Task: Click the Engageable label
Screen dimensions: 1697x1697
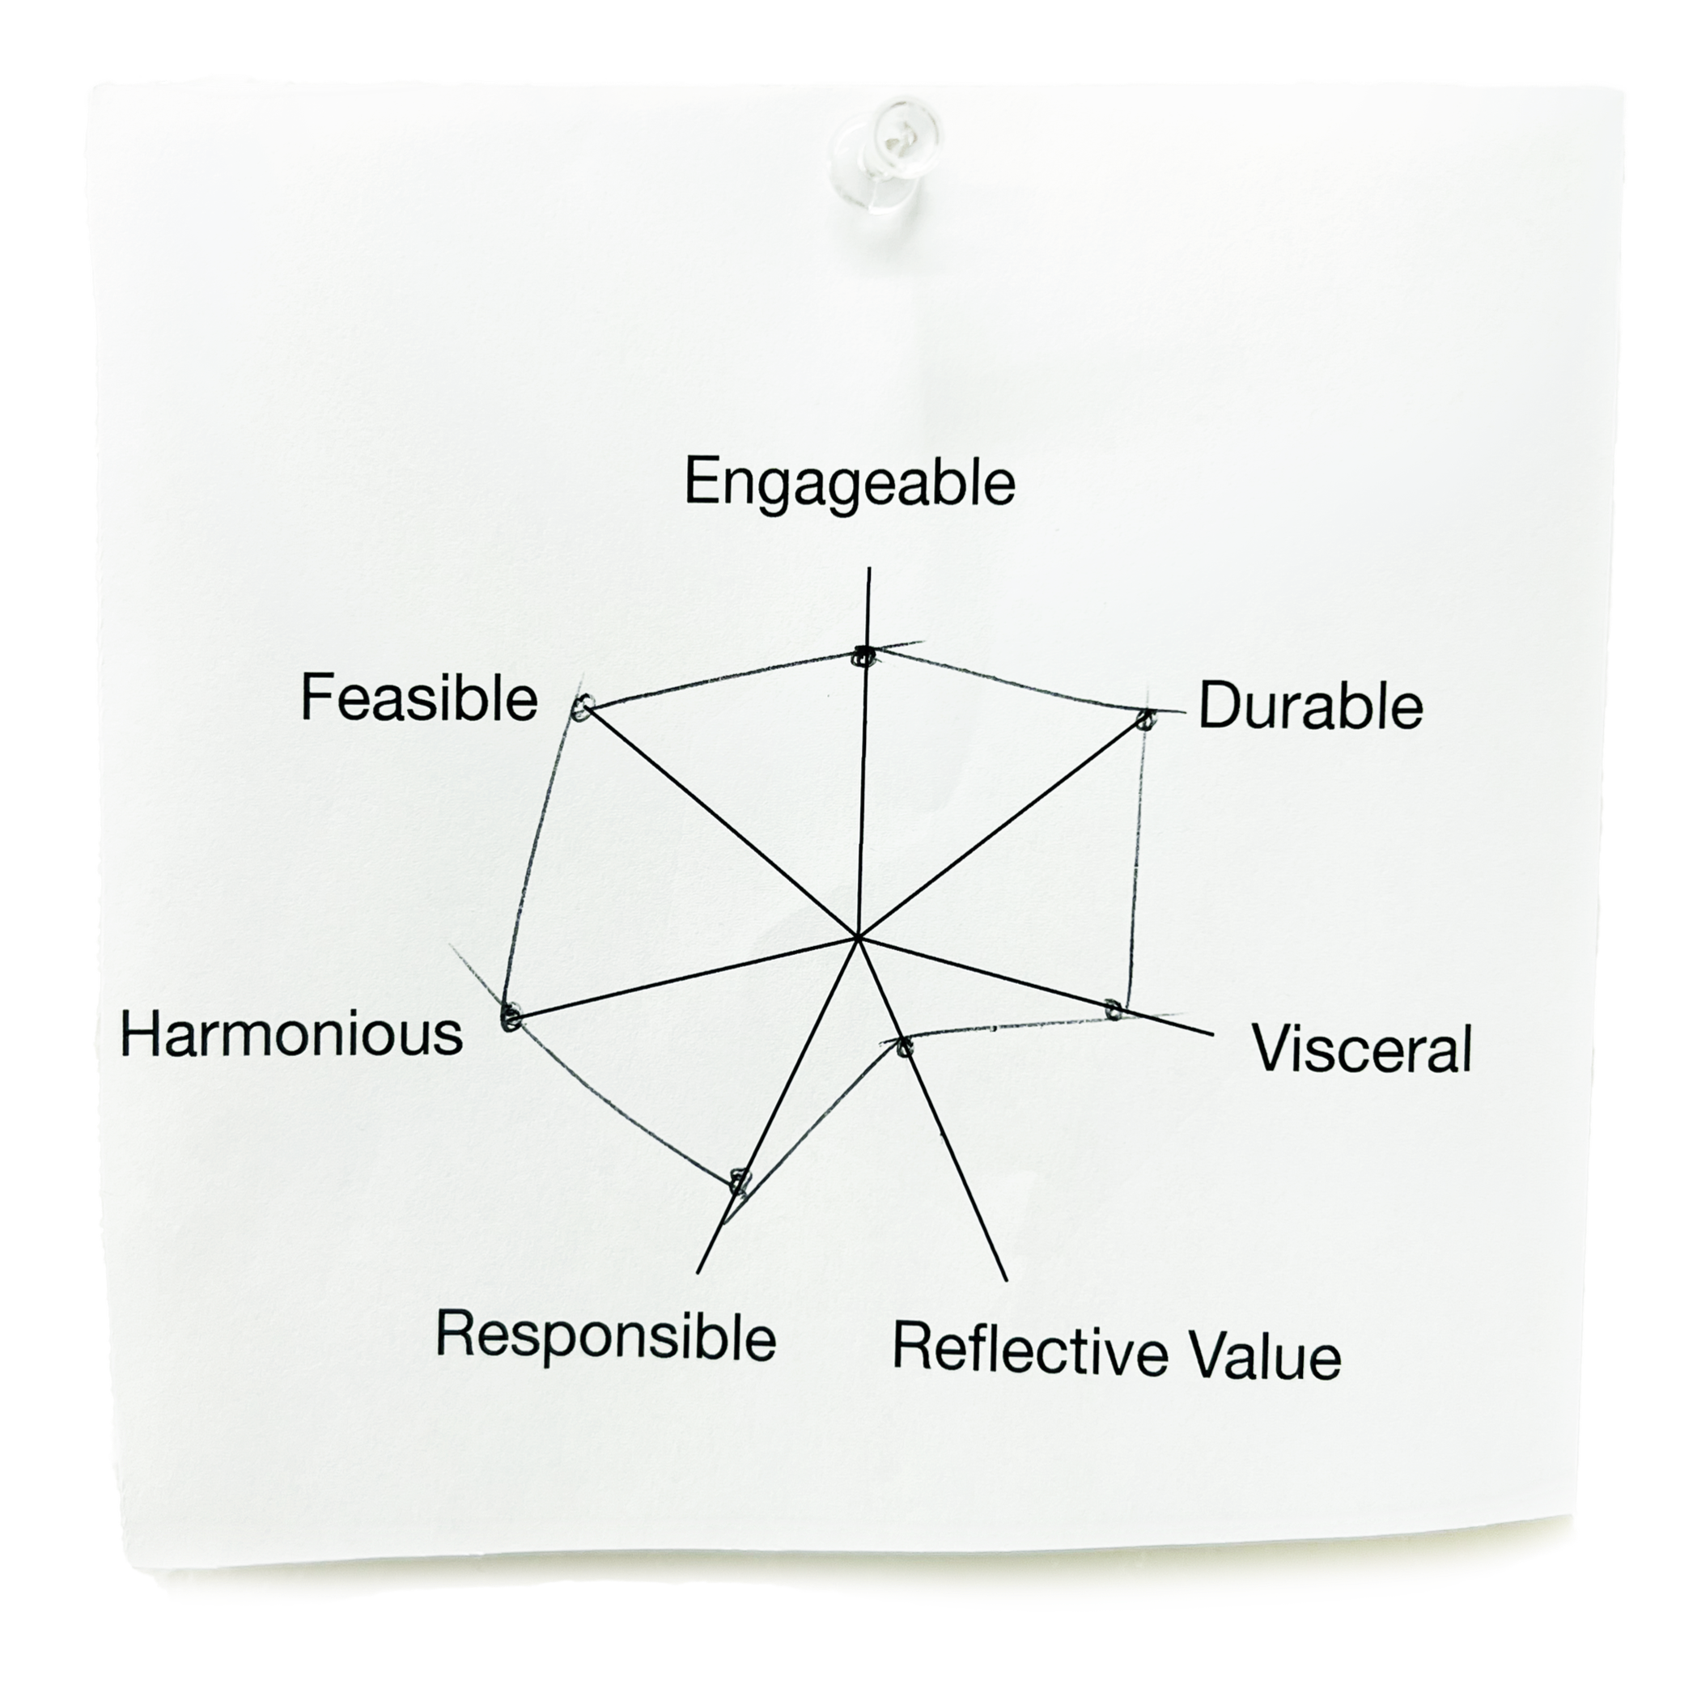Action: point(850,483)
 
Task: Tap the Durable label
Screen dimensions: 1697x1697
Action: point(1309,706)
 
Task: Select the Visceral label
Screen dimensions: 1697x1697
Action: point(1362,1049)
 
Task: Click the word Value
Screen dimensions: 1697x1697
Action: point(1266,1357)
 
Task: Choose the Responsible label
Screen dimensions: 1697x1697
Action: point(605,1336)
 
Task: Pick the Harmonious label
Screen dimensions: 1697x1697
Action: point(291,1034)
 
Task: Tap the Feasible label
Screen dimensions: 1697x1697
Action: point(419,699)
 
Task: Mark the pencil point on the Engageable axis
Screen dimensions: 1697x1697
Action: point(864,655)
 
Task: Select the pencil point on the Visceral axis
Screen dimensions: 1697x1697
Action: point(1113,1009)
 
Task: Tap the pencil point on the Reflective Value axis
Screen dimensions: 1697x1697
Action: point(905,1046)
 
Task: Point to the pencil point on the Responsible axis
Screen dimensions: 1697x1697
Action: point(740,1180)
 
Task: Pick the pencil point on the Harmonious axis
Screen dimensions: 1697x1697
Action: point(511,1018)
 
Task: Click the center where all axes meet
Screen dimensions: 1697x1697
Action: point(856,937)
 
